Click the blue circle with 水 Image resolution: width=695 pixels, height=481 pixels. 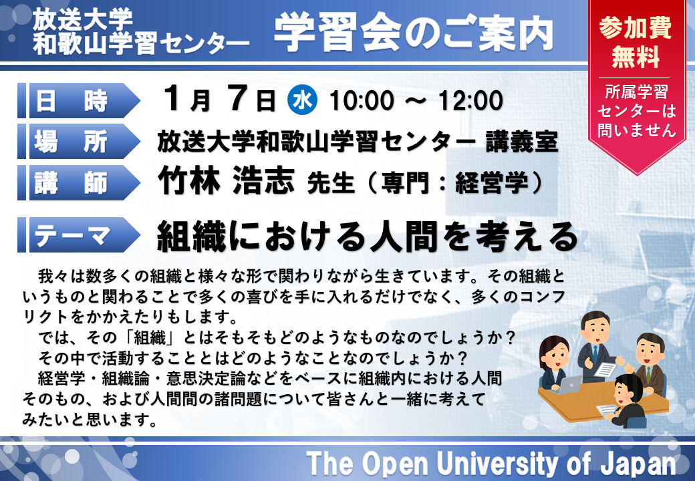click(x=302, y=100)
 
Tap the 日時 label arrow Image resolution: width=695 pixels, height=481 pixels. click(x=79, y=100)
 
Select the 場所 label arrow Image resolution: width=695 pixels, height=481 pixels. click(x=79, y=141)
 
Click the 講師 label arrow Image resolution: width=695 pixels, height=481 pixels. click(x=79, y=182)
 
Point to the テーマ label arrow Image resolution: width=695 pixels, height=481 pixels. click(x=79, y=234)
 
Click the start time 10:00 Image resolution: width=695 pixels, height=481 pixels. click(x=362, y=100)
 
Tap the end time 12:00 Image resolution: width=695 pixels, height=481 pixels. click(x=470, y=100)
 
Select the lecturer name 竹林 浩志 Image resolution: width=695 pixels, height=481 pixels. click(x=226, y=180)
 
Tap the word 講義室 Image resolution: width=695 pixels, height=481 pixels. click(x=521, y=141)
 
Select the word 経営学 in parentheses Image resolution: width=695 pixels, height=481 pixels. click(x=492, y=182)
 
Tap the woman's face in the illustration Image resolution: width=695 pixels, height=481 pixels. click(x=553, y=354)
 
